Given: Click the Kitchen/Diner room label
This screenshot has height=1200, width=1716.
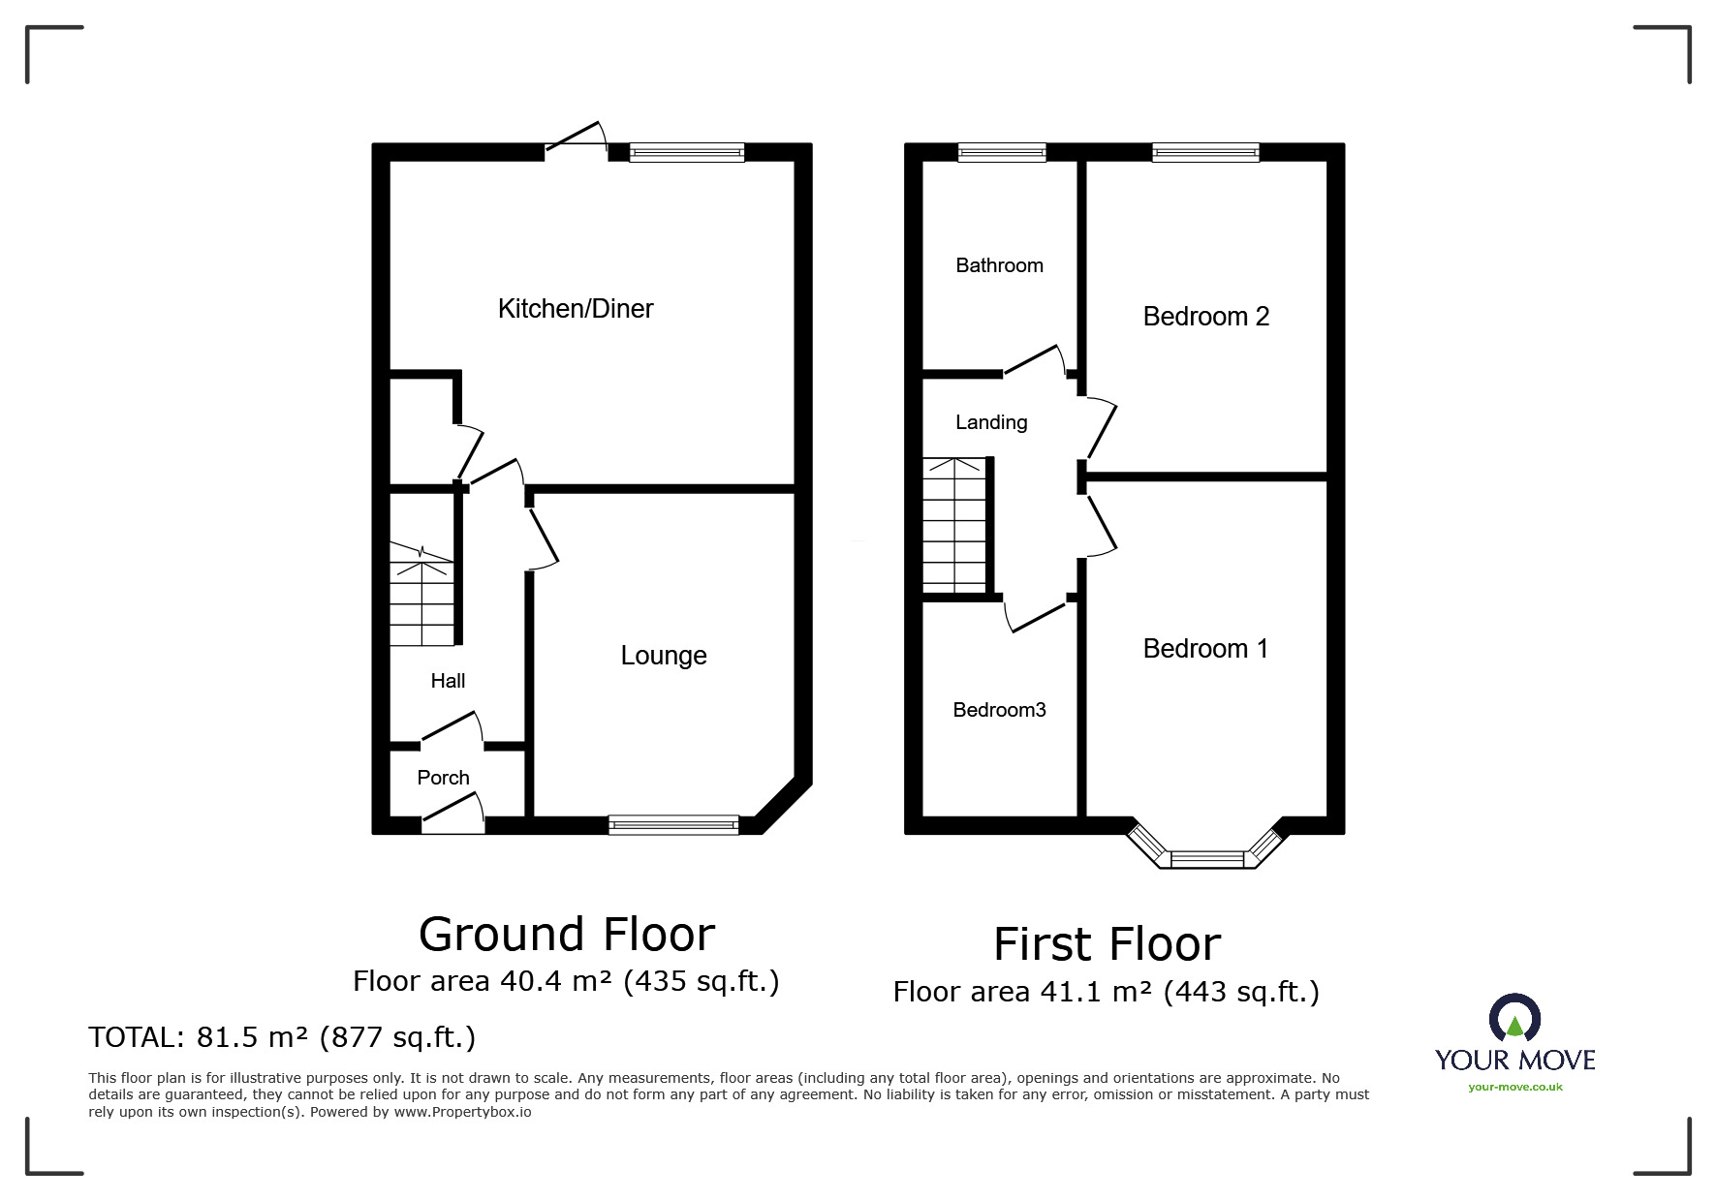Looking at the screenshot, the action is tap(576, 309).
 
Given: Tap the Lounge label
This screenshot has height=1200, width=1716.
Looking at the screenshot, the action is tap(664, 656).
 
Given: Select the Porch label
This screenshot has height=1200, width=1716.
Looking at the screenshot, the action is tap(443, 778).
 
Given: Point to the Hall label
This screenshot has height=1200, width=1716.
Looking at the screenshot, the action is tap(448, 681).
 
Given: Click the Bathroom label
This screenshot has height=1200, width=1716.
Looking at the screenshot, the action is tap(999, 265).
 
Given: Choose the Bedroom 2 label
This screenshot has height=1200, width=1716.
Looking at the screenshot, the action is tap(1205, 317).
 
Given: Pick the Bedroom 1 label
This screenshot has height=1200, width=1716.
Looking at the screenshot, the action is tap(1205, 649).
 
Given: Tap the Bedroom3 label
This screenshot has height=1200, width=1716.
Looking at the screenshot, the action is tap(999, 710).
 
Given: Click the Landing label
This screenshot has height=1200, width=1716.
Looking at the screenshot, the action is tap(991, 422).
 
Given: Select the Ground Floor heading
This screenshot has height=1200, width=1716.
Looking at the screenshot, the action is tap(567, 935).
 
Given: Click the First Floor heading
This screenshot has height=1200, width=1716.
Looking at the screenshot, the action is tap(1107, 944).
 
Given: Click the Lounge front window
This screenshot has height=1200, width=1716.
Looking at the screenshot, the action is tap(673, 825).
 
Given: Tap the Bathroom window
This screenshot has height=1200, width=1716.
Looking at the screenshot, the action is tap(1002, 152).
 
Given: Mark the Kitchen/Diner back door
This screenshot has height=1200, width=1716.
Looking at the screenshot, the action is tap(576, 138).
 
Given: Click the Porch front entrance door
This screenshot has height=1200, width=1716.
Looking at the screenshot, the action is tap(452, 812).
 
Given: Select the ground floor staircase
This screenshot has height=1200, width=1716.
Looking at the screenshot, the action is tap(422, 594).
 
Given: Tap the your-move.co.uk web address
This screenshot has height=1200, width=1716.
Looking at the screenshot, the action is tap(1515, 1087).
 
